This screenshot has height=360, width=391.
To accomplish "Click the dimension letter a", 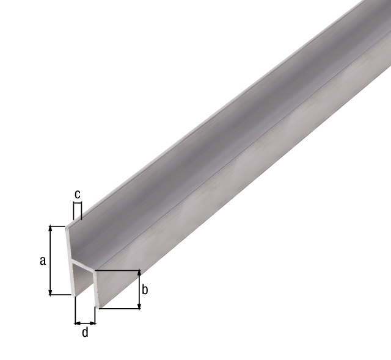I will (42, 261).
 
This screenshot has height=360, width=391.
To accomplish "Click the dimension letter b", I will (145, 290).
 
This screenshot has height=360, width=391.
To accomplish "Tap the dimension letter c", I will (77, 194).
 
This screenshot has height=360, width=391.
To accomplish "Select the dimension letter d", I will (85, 333).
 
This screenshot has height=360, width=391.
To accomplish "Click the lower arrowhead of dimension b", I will (139, 305).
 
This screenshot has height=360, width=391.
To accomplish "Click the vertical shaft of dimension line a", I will (51, 261).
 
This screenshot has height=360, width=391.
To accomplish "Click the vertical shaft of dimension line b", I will (139, 290).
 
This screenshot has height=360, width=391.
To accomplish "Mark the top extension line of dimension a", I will (59, 226).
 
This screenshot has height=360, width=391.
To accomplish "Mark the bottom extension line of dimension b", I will (119, 309).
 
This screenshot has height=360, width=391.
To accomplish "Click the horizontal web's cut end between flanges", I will (84, 267).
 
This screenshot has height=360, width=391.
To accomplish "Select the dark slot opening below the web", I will (86, 287).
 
